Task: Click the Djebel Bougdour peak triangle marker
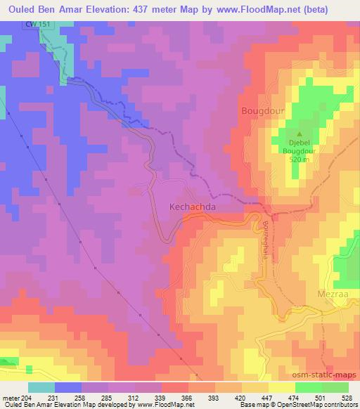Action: pyautogui.click(x=300, y=135)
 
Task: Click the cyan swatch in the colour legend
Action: pyautogui.click(x=41, y=387)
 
